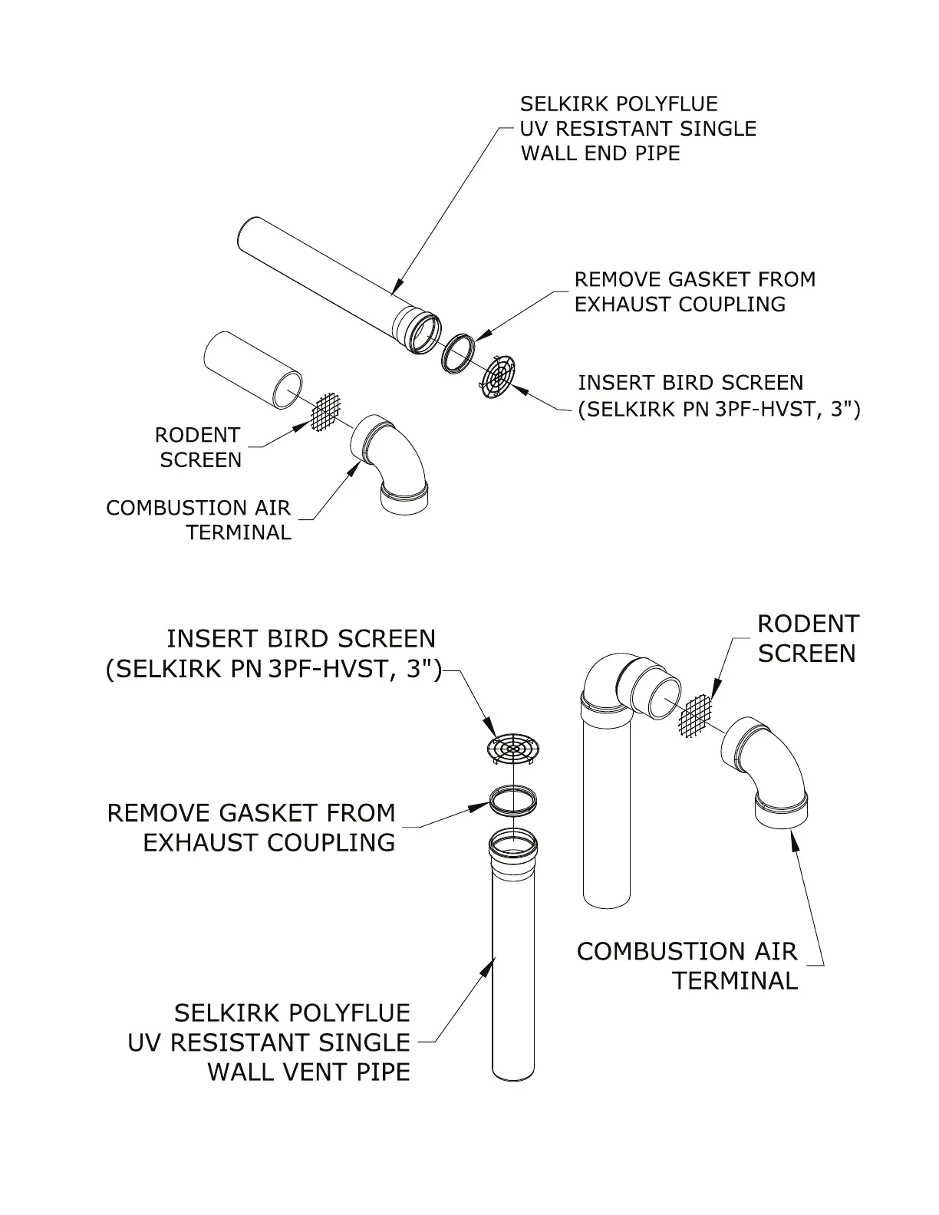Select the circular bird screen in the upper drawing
(499, 377)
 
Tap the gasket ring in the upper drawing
(459, 352)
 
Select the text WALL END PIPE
(601, 153)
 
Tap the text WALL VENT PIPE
(308, 1072)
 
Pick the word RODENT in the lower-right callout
(808, 624)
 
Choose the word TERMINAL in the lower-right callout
(735, 980)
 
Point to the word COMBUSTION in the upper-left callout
(165, 508)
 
